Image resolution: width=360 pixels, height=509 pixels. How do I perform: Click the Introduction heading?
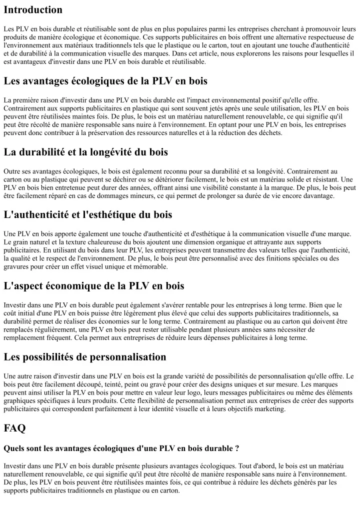click(33, 9)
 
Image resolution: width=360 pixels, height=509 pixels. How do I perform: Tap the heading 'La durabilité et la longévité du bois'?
click(85, 151)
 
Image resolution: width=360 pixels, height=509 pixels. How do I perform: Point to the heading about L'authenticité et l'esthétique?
click(88, 214)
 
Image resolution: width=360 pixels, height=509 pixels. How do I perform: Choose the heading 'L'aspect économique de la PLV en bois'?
click(94, 285)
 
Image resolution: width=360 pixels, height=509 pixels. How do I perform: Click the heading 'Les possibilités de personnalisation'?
click(85, 356)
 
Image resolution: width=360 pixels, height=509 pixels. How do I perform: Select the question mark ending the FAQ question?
click(236, 448)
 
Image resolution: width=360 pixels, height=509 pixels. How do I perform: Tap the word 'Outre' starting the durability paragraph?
click(13, 171)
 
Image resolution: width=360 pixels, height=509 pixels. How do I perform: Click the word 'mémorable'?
click(150, 266)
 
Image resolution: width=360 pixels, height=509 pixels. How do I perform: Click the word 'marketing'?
click(269, 408)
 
